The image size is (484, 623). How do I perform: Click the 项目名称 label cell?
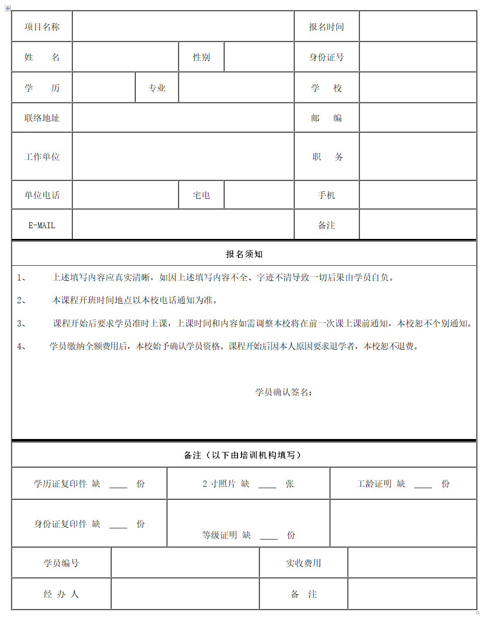pyautogui.click(x=42, y=27)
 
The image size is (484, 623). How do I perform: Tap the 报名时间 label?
pyautogui.click(x=326, y=27)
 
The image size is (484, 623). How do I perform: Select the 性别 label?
pyautogui.click(x=201, y=57)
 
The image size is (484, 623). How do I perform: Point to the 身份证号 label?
pyautogui.click(x=326, y=57)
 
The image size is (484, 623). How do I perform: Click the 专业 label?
pyautogui.click(x=157, y=88)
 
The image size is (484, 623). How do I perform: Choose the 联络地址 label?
pyautogui.click(x=42, y=118)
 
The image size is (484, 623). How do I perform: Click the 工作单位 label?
pyautogui.click(x=42, y=157)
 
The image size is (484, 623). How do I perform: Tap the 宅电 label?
pyautogui.click(x=201, y=195)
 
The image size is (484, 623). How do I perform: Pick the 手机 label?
pyautogui.click(x=326, y=195)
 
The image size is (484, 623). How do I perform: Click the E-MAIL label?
pyautogui.click(x=42, y=226)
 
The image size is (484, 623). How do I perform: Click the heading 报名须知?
pyautogui.click(x=244, y=254)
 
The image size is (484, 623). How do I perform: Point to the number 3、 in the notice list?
pyautogui.click(x=21, y=323)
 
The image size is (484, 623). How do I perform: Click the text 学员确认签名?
pyautogui.click(x=284, y=392)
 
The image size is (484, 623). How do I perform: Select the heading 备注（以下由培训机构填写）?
pyautogui.click(x=244, y=455)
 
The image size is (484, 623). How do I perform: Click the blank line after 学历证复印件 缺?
pyautogui.click(x=118, y=485)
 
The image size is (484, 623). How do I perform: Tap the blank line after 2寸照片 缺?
pyautogui.click(x=267, y=485)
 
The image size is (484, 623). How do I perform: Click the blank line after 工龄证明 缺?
pyautogui.click(x=423, y=485)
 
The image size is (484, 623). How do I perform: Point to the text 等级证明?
pyautogui.click(x=219, y=535)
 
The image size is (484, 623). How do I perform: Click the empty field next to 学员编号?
pyautogui.click(x=185, y=563)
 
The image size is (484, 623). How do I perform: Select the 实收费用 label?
pyautogui.click(x=303, y=563)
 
